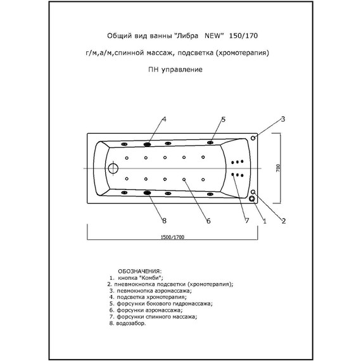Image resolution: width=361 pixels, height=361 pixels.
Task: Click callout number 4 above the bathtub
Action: [x=164, y=119]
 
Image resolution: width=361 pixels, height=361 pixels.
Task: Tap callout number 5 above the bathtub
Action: [x=224, y=119]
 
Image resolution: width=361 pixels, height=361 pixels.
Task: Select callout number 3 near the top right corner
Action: [x=284, y=119]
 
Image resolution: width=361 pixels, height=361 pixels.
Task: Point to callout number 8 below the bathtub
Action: [x=164, y=220]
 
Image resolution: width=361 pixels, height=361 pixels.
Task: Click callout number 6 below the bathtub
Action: [x=208, y=220]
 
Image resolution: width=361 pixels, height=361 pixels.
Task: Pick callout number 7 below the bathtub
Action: [x=247, y=220]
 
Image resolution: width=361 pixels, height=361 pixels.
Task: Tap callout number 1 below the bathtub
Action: [x=264, y=220]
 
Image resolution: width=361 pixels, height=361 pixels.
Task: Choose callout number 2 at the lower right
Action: [x=284, y=220]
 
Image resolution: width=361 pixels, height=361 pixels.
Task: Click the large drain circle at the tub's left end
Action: [x=113, y=168]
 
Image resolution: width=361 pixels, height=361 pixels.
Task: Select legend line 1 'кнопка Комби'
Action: [x=136, y=277]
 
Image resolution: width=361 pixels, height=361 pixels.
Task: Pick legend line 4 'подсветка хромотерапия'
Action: [x=148, y=296]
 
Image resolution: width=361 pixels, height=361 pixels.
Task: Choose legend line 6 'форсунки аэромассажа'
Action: [x=145, y=310]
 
